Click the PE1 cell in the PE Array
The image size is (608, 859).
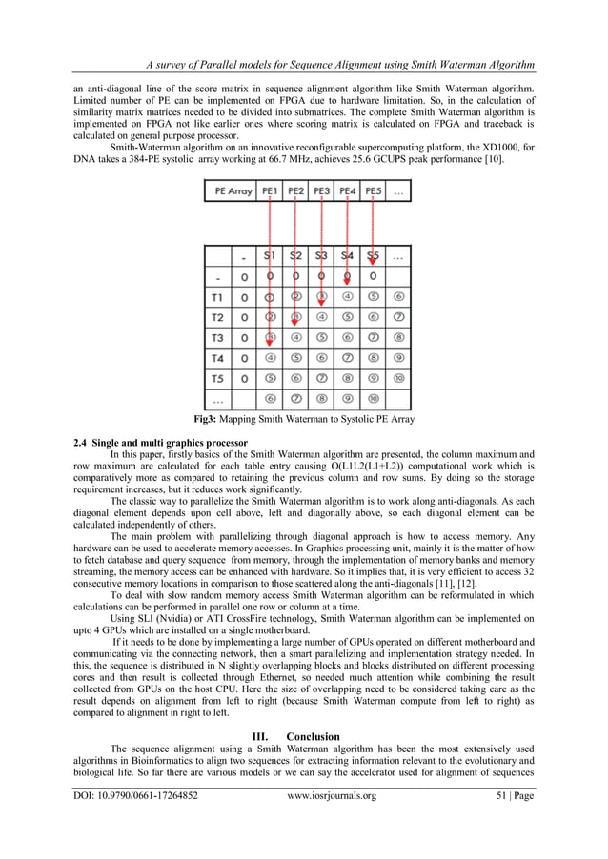pyautogui.click(x=270, y=190)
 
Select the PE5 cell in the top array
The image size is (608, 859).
pyautogui.click(x=373, y=190)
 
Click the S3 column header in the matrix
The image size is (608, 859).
pyautogui.click(x=321, y=256)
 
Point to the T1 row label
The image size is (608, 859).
pyautogui.click(x=219, y=296)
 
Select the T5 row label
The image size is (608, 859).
pyautogui.click(x=219, y=377)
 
